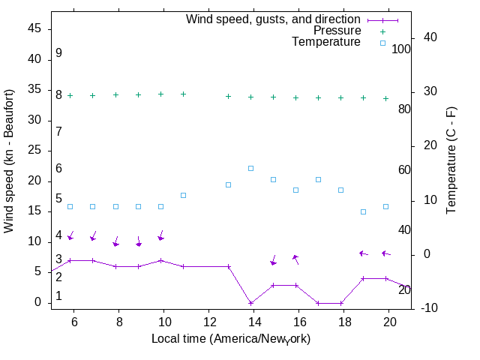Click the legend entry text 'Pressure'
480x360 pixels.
tap(337, 31)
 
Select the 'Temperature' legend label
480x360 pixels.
tap(326, 42)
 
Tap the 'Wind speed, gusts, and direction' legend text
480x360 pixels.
tap(274, 19)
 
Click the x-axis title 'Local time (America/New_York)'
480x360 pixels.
tap(231, 339)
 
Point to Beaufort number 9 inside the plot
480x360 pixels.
tap(58, 53)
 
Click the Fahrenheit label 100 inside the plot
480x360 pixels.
tap(401, 49)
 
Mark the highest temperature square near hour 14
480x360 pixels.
tap(250, 168)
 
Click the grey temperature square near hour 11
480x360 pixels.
tap(183, 195)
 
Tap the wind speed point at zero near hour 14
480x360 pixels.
tap(250, 303)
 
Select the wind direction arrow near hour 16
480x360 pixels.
tap(295, 259)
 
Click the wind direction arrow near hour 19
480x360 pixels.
tap(364, 253)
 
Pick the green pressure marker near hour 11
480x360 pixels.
tap(183, 94)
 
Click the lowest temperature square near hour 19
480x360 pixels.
tap(363, 211)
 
